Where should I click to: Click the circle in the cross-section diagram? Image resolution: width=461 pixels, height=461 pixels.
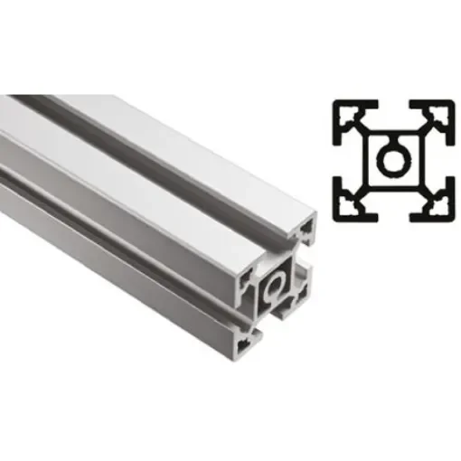click(392, 161)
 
